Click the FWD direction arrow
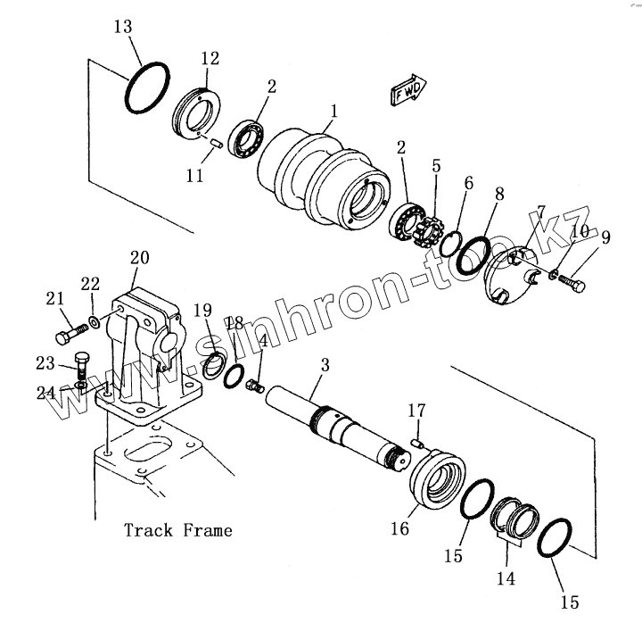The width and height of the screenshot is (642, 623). (407, 91)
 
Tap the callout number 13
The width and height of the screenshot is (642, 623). (124, 28)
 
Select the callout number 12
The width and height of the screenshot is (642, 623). (210, 59)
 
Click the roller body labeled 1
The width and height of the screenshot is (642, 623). (322, 179)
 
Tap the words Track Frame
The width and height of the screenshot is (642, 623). (178, 530)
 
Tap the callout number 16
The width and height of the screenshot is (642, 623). (399, 529)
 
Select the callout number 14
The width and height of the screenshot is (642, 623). (506, 578)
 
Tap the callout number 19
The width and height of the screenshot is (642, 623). (203, 310)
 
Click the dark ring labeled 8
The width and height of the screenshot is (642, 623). (473, 254)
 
